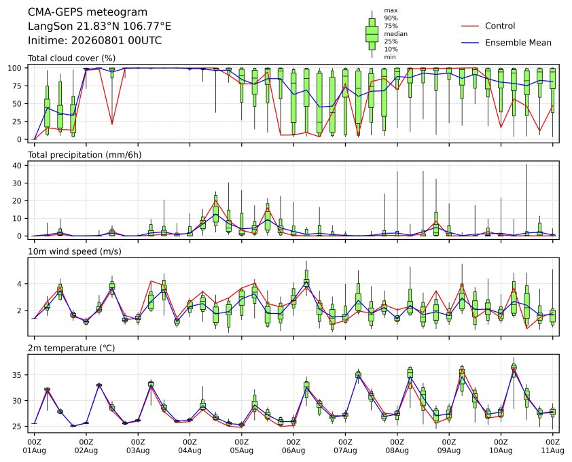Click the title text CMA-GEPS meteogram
tap(88, 12)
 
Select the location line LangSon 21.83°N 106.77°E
tap(100, 26)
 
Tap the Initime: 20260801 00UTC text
tap(95, 40)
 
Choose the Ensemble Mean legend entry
tap(506, 43)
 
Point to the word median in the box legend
tap(395, 34)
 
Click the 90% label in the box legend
tap(391, 18)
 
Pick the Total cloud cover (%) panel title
tap(71, 58)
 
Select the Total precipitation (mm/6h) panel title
tap(85, 155)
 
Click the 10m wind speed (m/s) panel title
tap(75, 251)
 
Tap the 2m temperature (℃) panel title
tap(71, 348)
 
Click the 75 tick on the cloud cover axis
tap(17, 86)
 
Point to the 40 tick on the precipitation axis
tap(17, 165)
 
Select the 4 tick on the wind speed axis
tap(20, 284)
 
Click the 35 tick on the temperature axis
tap(17, 375)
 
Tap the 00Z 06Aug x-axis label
tap(293, 446)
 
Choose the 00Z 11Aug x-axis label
tap(552, 446)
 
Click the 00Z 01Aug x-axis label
tap(34, 446)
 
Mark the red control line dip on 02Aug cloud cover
tap(112, 124)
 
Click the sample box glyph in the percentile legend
tap(372, 34)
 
